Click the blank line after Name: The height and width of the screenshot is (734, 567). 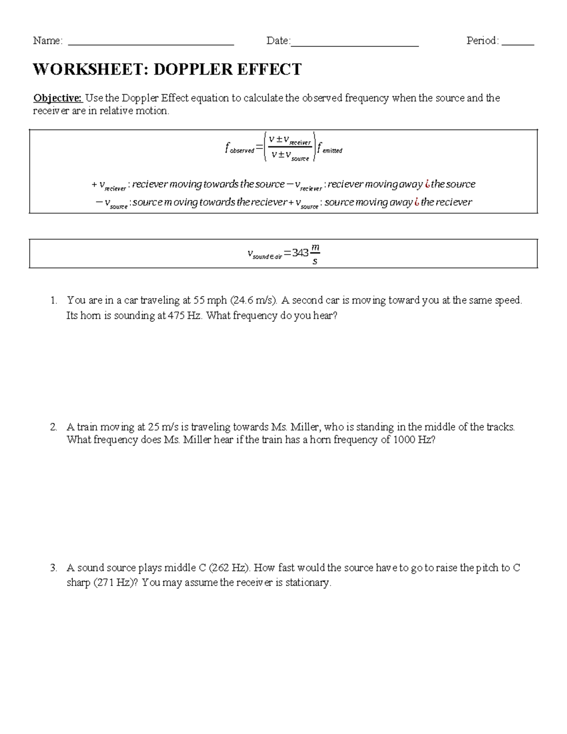151,43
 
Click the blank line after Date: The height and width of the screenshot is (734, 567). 354,43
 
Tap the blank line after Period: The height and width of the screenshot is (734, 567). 518,43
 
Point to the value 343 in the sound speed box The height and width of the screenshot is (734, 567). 300,253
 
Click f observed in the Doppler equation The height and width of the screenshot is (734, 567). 240,149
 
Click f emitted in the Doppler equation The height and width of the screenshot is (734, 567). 330,149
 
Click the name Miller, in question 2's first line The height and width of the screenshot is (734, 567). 306,427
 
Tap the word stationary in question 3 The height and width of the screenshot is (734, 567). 308,583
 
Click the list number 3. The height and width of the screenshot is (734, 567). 53,568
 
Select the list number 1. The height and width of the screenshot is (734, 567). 53,300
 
